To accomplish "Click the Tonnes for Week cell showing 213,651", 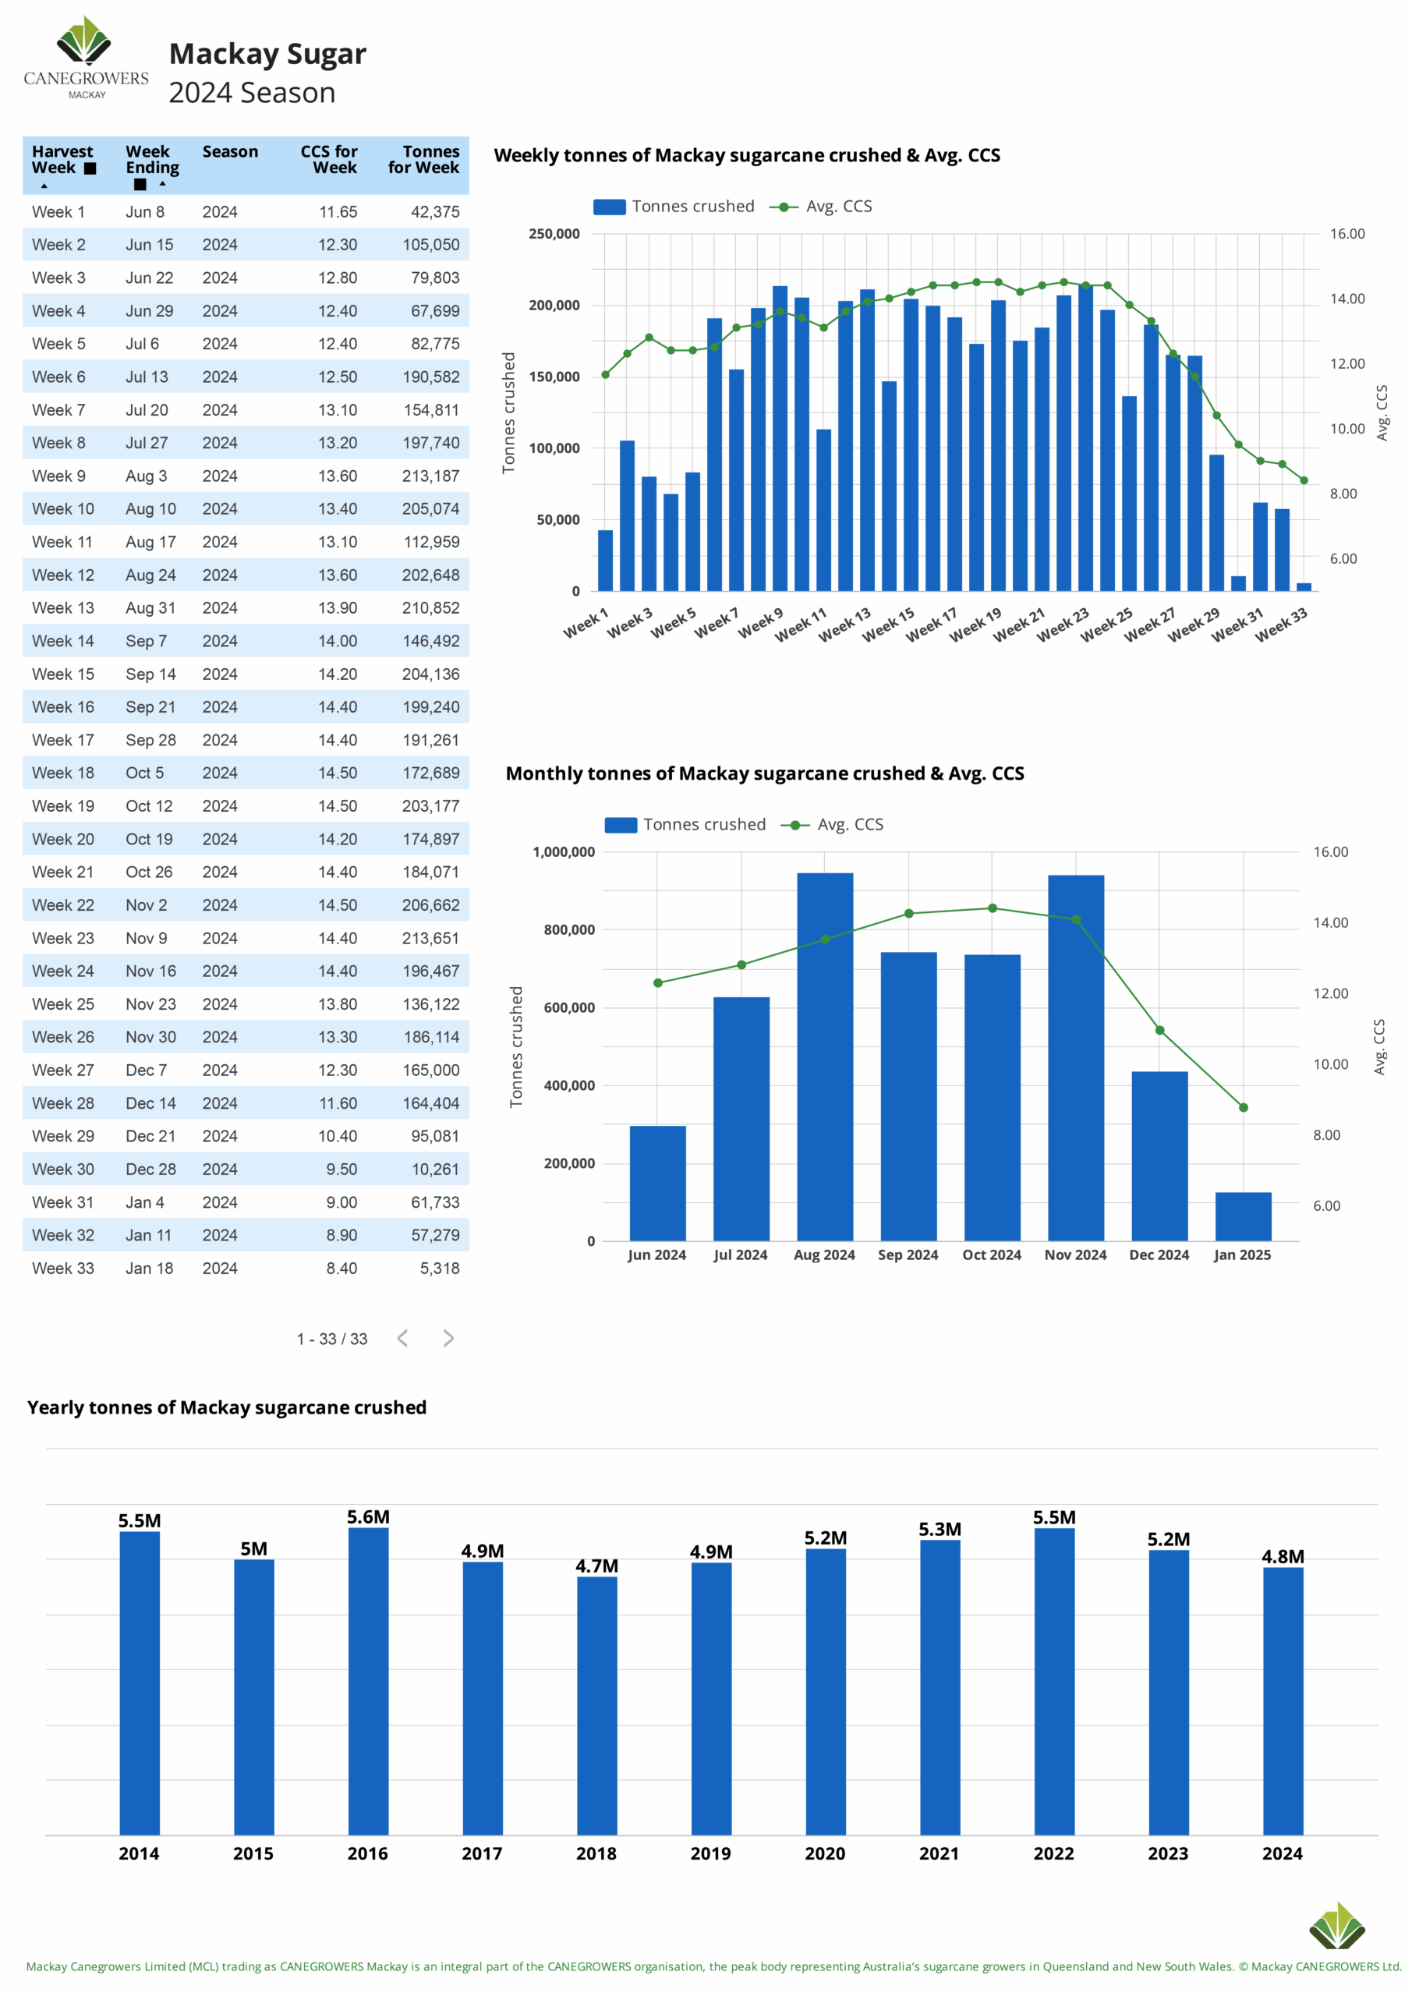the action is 430,938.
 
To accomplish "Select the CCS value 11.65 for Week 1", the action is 338,212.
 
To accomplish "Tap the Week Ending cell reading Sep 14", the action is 150,674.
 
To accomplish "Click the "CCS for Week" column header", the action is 329,159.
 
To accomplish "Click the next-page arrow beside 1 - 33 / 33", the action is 448,1338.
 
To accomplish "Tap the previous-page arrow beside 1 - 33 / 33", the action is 402,1338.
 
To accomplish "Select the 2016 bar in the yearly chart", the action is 369,1681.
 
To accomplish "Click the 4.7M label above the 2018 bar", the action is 596,1566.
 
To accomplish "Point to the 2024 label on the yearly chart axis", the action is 1283,1853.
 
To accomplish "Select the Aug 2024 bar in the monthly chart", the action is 825,1056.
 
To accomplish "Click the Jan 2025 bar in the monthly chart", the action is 1244,1216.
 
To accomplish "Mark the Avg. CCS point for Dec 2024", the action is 1160,1030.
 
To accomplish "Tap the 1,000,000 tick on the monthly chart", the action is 564,852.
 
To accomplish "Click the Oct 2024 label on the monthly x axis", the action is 992,1255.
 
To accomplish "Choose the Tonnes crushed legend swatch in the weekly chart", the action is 610,207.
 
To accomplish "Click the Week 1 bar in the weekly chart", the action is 605,561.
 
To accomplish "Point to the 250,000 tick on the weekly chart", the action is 554,234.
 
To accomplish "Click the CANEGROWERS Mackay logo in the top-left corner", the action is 86,58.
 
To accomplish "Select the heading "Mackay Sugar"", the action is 267,55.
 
